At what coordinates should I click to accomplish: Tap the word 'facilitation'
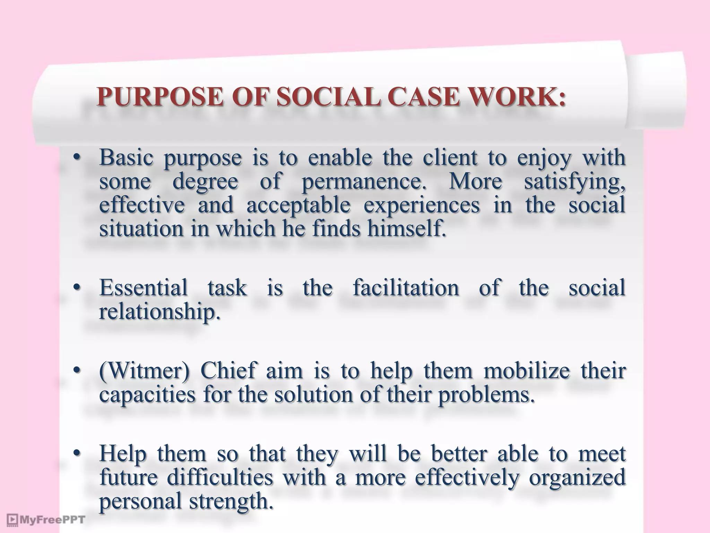point(406,288)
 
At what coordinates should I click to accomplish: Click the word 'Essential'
point(143,288)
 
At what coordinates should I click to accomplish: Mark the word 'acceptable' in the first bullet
point(298,205)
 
